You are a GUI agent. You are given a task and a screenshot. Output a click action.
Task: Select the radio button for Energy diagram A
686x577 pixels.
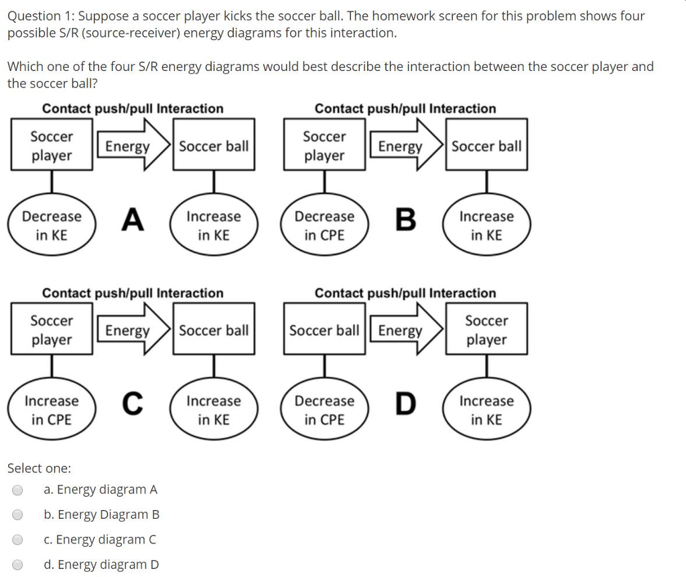pos(18,490)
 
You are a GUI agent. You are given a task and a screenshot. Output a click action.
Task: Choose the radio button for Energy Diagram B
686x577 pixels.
pos(18,515)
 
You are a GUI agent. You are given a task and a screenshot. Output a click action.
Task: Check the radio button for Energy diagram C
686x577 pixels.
pos(18,540)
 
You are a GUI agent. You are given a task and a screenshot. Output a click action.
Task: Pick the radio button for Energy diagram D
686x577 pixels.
pos(18,564)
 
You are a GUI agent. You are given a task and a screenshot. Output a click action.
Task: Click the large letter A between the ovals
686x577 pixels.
pos(133,220)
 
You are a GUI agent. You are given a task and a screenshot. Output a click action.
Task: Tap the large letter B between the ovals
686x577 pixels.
pos(405,220)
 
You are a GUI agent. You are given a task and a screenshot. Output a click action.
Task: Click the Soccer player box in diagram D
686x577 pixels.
pos(486,330)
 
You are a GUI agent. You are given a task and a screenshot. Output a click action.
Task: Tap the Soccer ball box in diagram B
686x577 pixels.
pos(486,146)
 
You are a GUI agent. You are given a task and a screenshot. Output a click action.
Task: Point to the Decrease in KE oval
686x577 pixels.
pos(52,226)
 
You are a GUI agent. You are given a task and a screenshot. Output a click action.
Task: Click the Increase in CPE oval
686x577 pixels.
pos(52,410)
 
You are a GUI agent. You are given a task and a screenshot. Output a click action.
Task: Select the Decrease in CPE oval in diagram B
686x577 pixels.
pos(324,226)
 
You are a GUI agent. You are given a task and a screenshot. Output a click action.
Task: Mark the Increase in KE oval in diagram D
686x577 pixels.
pos(486,410)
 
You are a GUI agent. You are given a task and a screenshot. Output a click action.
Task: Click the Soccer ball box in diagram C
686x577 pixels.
pos(214,330)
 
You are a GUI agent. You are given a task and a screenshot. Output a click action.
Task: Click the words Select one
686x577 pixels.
pos(39,468)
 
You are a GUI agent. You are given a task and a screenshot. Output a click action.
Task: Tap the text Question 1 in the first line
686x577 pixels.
pos(40,16)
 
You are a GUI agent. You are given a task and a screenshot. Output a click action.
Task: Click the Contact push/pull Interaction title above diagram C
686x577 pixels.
pos(133,293)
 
